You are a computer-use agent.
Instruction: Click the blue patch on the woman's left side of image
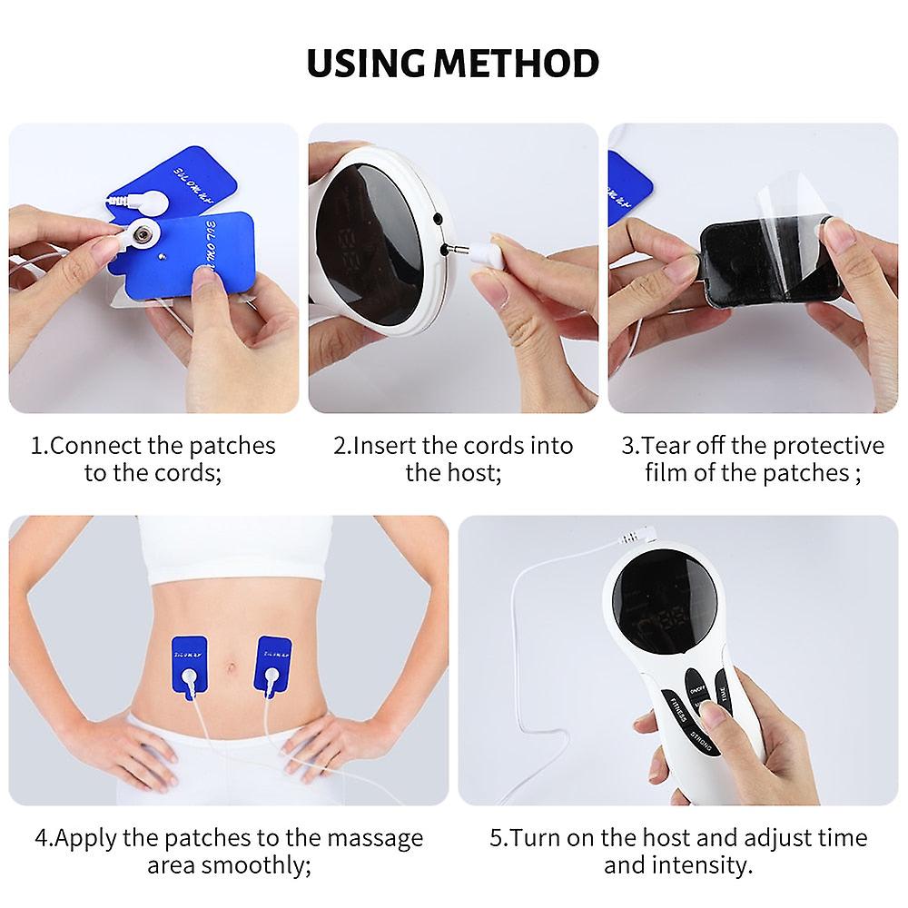tap(190, 662)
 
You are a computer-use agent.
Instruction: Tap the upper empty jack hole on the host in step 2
tap(438, 220)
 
